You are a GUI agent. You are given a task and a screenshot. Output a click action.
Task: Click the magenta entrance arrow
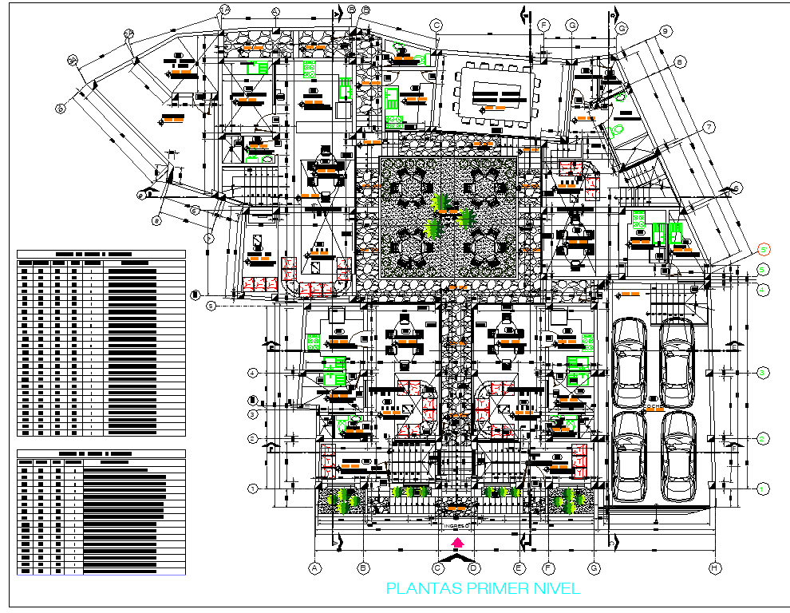[x=457, y=543]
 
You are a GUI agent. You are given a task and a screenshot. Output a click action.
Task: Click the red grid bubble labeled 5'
[x=763, y=248]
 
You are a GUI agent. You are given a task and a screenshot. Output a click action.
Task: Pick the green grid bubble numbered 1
[x=763, y=488]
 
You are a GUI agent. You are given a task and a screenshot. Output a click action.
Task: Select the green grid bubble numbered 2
[x=763, y=440]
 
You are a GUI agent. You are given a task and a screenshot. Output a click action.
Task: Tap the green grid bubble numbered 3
[x=763, y=373]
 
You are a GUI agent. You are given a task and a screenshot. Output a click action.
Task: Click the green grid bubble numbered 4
[x=763, y=291]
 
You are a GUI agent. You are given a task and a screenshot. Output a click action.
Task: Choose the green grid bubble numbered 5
[x=763, y=270]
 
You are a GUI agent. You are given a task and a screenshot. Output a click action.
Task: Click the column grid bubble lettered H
[x=715, y=568]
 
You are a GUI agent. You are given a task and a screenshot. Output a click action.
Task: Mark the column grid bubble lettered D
[x=473, y=568]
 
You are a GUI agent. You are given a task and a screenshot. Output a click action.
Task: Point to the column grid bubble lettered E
[x=519, y=568]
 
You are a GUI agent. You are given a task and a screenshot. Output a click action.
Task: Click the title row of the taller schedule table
[x=101, y=255]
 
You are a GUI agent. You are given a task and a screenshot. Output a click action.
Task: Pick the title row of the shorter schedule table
[x=101, y=453]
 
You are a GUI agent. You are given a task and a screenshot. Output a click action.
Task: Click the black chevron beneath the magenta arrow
[x=456, y=557]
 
